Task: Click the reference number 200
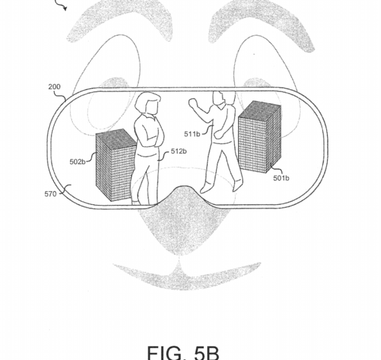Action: pyautogui.click(x=54, y=87)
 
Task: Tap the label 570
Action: pyautogui.click(x=51, y=194)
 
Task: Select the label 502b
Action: pyautogui.click(x=78, y=161)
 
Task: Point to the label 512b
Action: pyautogui.click(x=179, y=151)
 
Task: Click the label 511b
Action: pyautogui.click(x=192, y=134)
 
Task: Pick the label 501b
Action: pyautogui.click(x=281, y=178)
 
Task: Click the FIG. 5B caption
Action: pyautogui.click(x=184, y=352)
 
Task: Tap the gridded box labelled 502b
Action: pyautogui.click(x=116, y=165)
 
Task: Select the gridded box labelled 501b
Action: pyautogui.click(x=260, y=137)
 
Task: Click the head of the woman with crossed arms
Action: pyautogui.click(x=148, y=103)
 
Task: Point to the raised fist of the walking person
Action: pyautogui.click(x=193, y=102)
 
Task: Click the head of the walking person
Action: pyautogui.click(x=220, y=98)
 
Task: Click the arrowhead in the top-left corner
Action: pyautogui.click(x=64, y=9)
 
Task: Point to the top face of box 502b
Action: pyautogui.click(x=116, y=138)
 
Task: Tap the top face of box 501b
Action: pyautogui.click(x=260, y=109)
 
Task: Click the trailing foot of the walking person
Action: pyautogui.click(x=237, y=185)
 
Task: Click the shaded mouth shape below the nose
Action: pyautogui.click(x=187, y=274)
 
